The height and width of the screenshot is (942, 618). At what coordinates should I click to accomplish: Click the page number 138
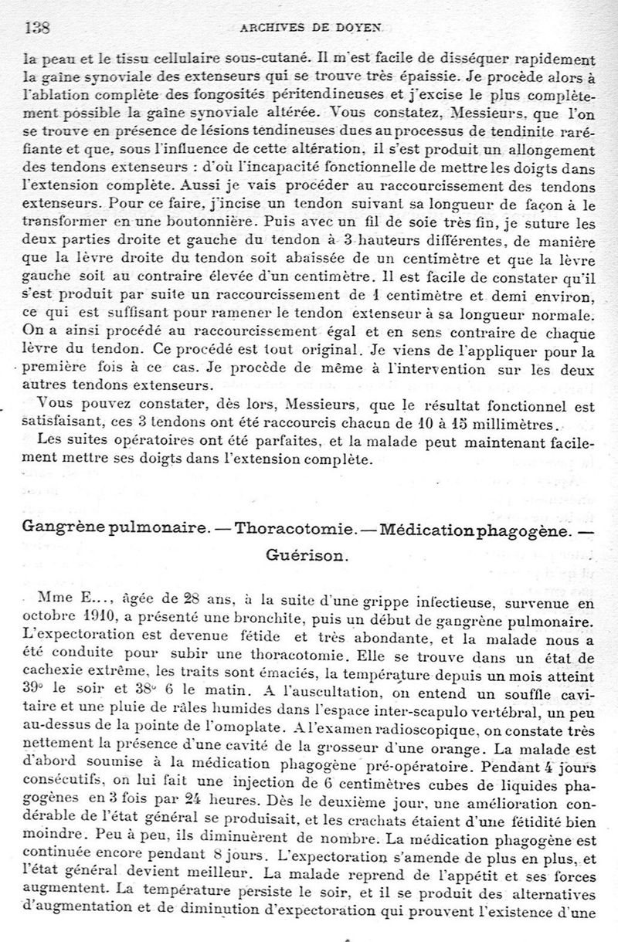pyautogui.click(x=38, y=28)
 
